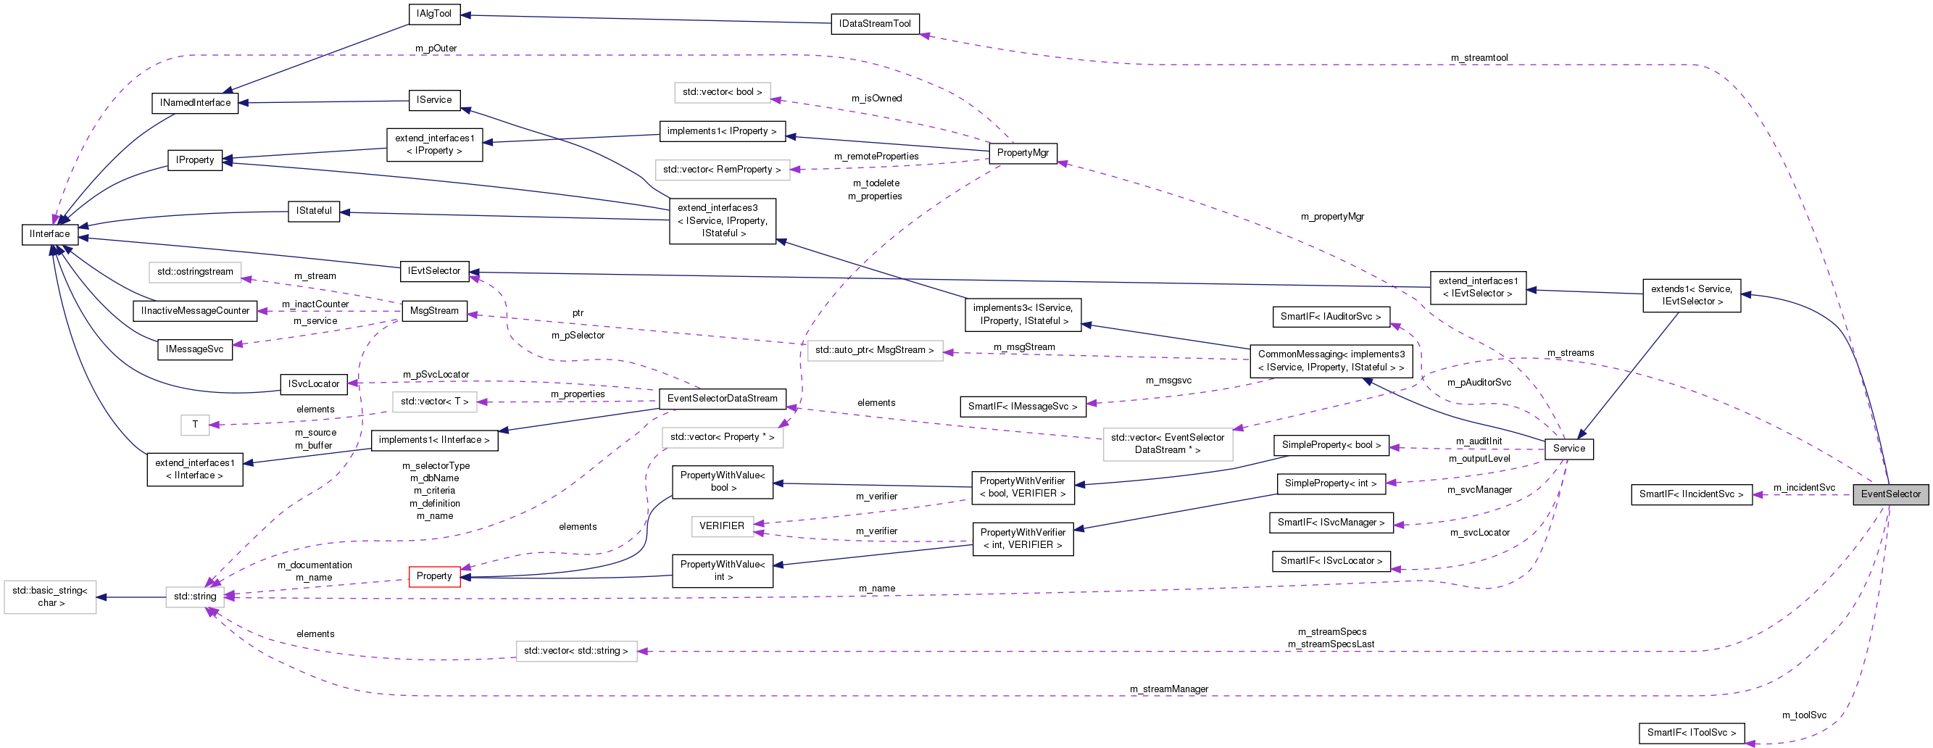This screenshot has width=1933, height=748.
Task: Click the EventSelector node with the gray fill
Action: click(x=1890, y=494)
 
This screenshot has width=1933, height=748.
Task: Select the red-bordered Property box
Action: click(x=433, y=576)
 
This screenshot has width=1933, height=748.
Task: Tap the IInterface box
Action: click(x=49, y=234)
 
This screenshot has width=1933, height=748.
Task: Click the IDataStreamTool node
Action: click(x=874, y=24)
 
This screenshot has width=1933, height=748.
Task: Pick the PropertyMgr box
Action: click(x=1022, y=153)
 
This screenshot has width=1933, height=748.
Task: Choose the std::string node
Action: click(x=195, y=597)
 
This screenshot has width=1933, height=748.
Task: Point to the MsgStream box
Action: click(x=433, y=311)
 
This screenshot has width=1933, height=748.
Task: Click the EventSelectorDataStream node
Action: click(x=722, y=399)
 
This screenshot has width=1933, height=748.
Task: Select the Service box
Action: click(x=1568, y=449)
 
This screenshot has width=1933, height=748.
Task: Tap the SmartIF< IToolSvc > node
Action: click(x=1691, y=732)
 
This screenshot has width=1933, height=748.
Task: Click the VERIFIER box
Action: click(x=721, y=526)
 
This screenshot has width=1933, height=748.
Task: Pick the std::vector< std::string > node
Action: click(x=575, y=650)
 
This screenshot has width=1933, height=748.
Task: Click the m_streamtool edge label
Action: click(x=1479, y=58)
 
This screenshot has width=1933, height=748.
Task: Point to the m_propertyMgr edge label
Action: click(x=1332, y=217)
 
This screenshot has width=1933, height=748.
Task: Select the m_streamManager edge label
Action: click(x=1168, y=689)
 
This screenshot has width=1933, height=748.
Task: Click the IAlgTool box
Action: click(x=433, y=14)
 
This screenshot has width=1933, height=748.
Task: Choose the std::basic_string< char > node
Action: click(x=49, y=597)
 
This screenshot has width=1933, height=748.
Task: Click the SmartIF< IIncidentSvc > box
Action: click(x=1691, y=494)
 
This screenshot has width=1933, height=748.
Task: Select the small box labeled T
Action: click(x=194, y=425)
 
